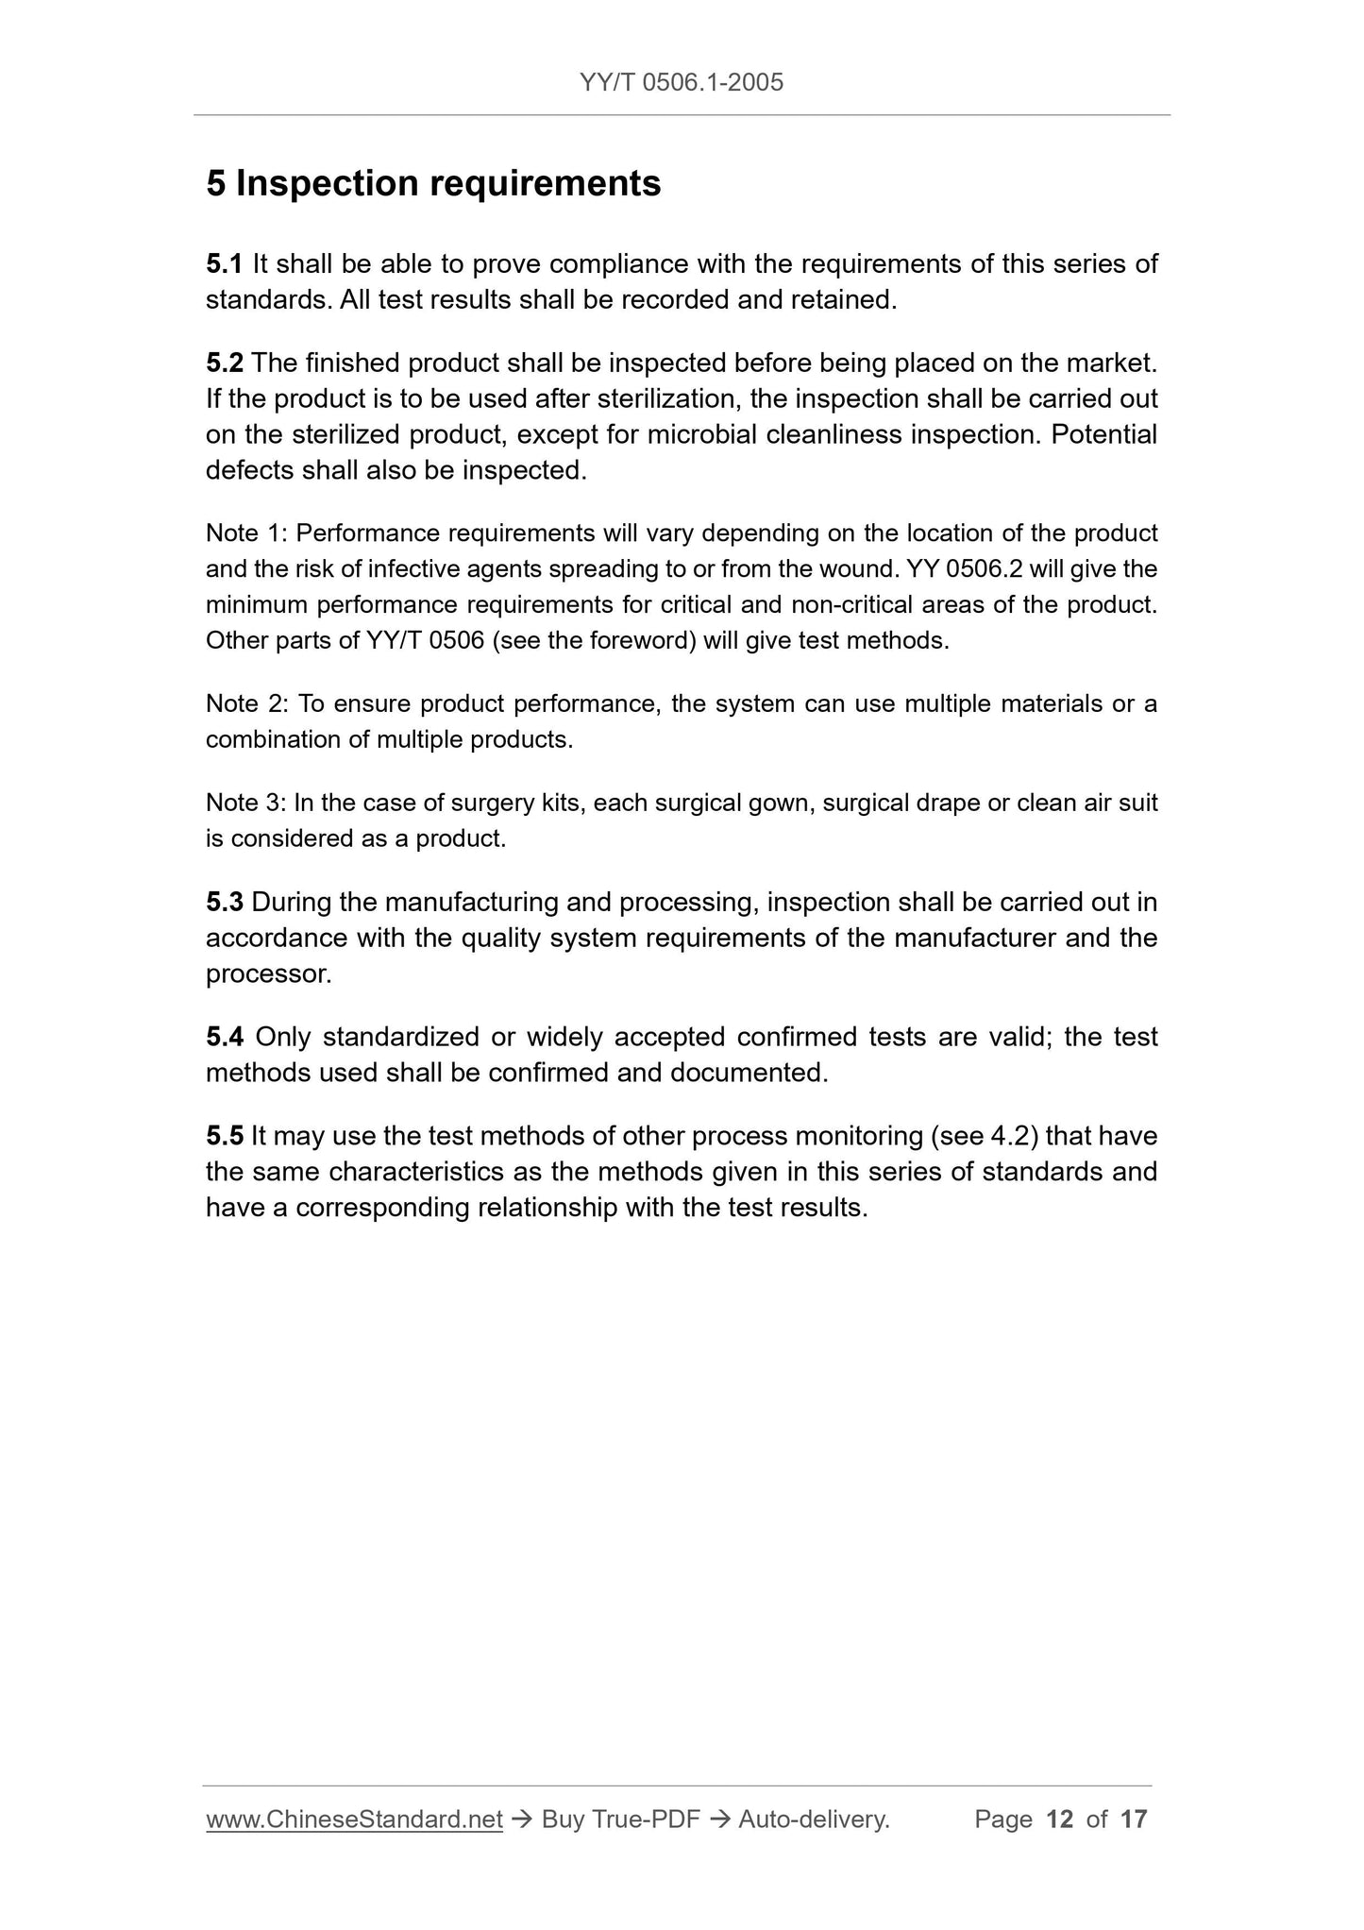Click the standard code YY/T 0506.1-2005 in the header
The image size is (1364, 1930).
pyautogui.click(x=682, y=83)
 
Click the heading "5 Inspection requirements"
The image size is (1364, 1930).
pyautogui.click(x=433, y=183)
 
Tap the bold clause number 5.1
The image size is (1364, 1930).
pyautogui.click(x=225, y=263)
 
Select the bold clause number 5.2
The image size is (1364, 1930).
pyautogui.click(x=225, y=363)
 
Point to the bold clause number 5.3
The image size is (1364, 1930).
pyautogui.click(x=225, y=903)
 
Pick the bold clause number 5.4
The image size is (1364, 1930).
pyautogui.click(x=225, y=1038)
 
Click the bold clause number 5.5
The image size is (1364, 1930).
pyautogui.click(x=225, y=1136)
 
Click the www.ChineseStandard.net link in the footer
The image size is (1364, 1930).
pyautogui.click(x=354, y=1820)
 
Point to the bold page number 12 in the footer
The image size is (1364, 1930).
pyautogui.click(x=1060, y=1820)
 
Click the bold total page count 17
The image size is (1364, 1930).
pyautogui.click(x=1134, y=1820)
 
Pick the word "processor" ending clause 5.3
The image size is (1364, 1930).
pyautogui.click(x=266, y=974)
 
